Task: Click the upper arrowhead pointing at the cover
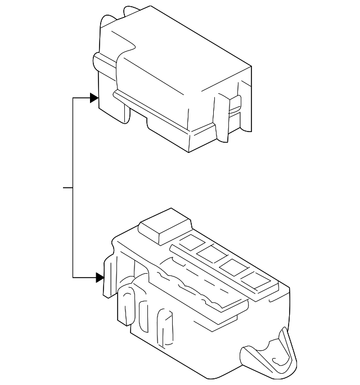pyautogui.click(x=93, y=98)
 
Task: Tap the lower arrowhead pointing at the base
pyautogui.click(x=100, y=277)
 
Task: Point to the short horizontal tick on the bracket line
pyautogui.click(x=67, y=187)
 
